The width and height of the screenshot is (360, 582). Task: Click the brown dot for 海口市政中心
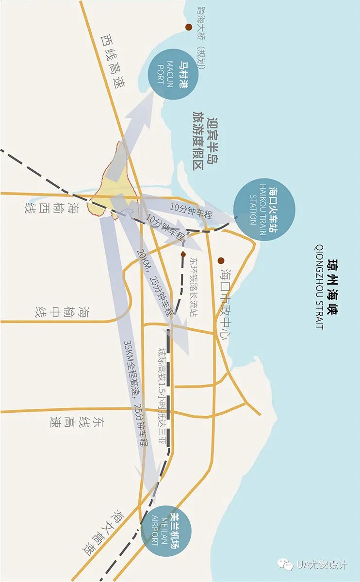[221, 260]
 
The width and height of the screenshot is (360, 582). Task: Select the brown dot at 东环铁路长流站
[183, 254]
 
